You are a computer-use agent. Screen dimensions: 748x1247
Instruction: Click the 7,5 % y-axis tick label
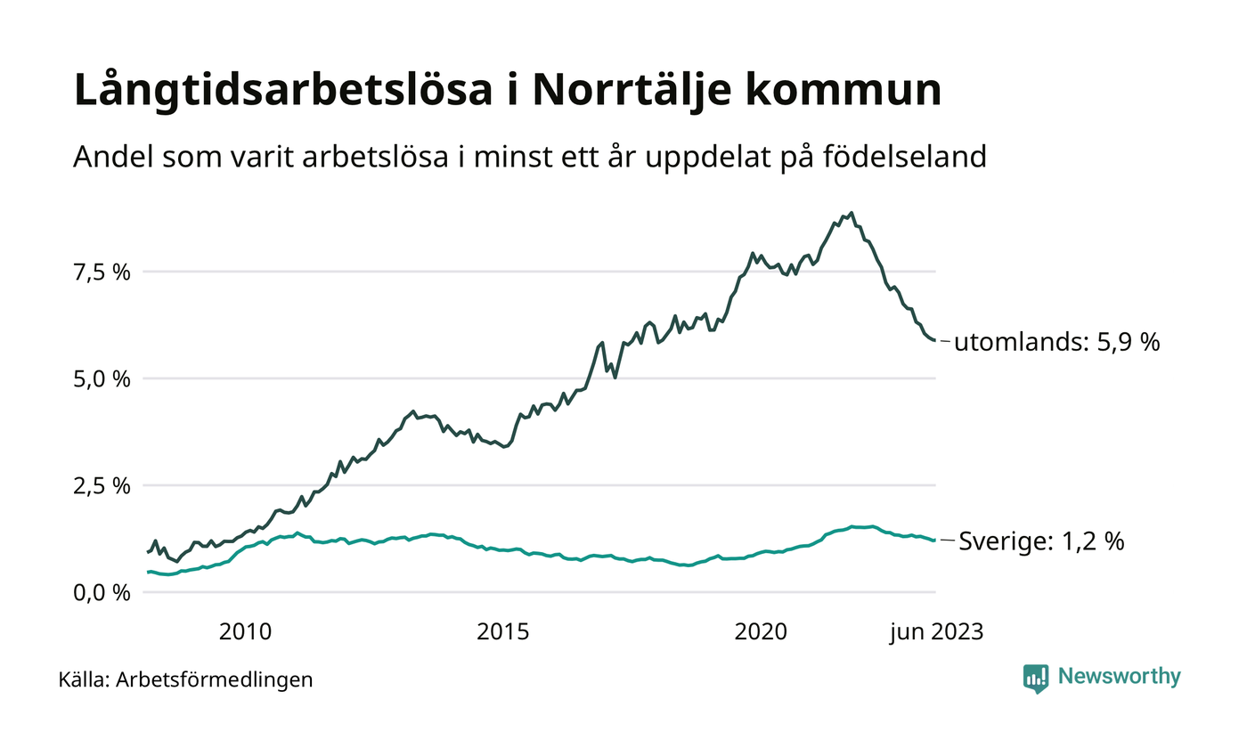point(101,272)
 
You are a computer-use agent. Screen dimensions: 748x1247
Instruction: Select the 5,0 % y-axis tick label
point(101,378)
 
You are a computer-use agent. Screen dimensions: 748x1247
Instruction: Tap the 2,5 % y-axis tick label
point(101,485)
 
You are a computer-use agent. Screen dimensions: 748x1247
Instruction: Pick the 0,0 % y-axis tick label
point(101,592)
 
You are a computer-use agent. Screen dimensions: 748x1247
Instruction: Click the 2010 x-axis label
point(245,631)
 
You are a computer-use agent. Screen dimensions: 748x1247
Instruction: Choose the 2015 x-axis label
point(502,631)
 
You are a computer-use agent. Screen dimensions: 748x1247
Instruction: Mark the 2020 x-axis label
point(760,631)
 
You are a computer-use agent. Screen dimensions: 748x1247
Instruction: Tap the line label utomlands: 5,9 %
point(1056,342)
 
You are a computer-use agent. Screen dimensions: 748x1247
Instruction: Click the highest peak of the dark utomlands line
point(852,213)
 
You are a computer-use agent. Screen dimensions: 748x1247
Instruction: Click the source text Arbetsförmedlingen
point(215,680)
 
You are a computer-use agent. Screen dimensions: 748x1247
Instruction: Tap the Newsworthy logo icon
point(1036,679)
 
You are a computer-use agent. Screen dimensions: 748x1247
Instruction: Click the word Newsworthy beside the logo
point(1119,677)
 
